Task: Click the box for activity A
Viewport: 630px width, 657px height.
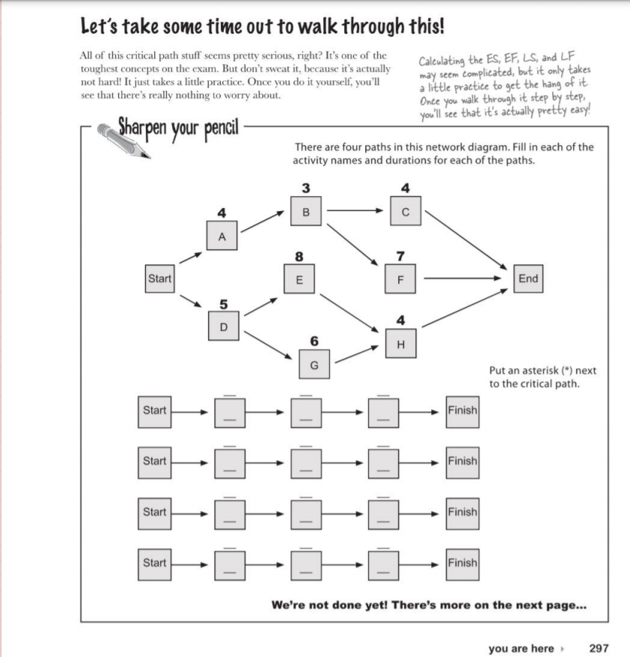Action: click(221, 236)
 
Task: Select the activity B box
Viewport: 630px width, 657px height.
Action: click(305, 212)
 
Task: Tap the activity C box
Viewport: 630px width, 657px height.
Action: click(406, 212)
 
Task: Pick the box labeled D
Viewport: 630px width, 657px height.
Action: click(221, 327)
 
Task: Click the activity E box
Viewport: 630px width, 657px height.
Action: click(299, 281)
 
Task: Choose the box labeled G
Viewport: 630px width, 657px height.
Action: click(314, 364)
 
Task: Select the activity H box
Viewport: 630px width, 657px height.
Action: click(400, 343)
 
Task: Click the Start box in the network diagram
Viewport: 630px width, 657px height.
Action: click(159, 279)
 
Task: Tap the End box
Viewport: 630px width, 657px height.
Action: click(527, 279)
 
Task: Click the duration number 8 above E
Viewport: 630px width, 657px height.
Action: click(299, 256)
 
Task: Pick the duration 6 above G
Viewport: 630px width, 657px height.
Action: click(314, 341)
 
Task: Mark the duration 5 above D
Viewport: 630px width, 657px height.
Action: click(222, 304)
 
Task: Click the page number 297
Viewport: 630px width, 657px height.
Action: click(599, 649)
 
